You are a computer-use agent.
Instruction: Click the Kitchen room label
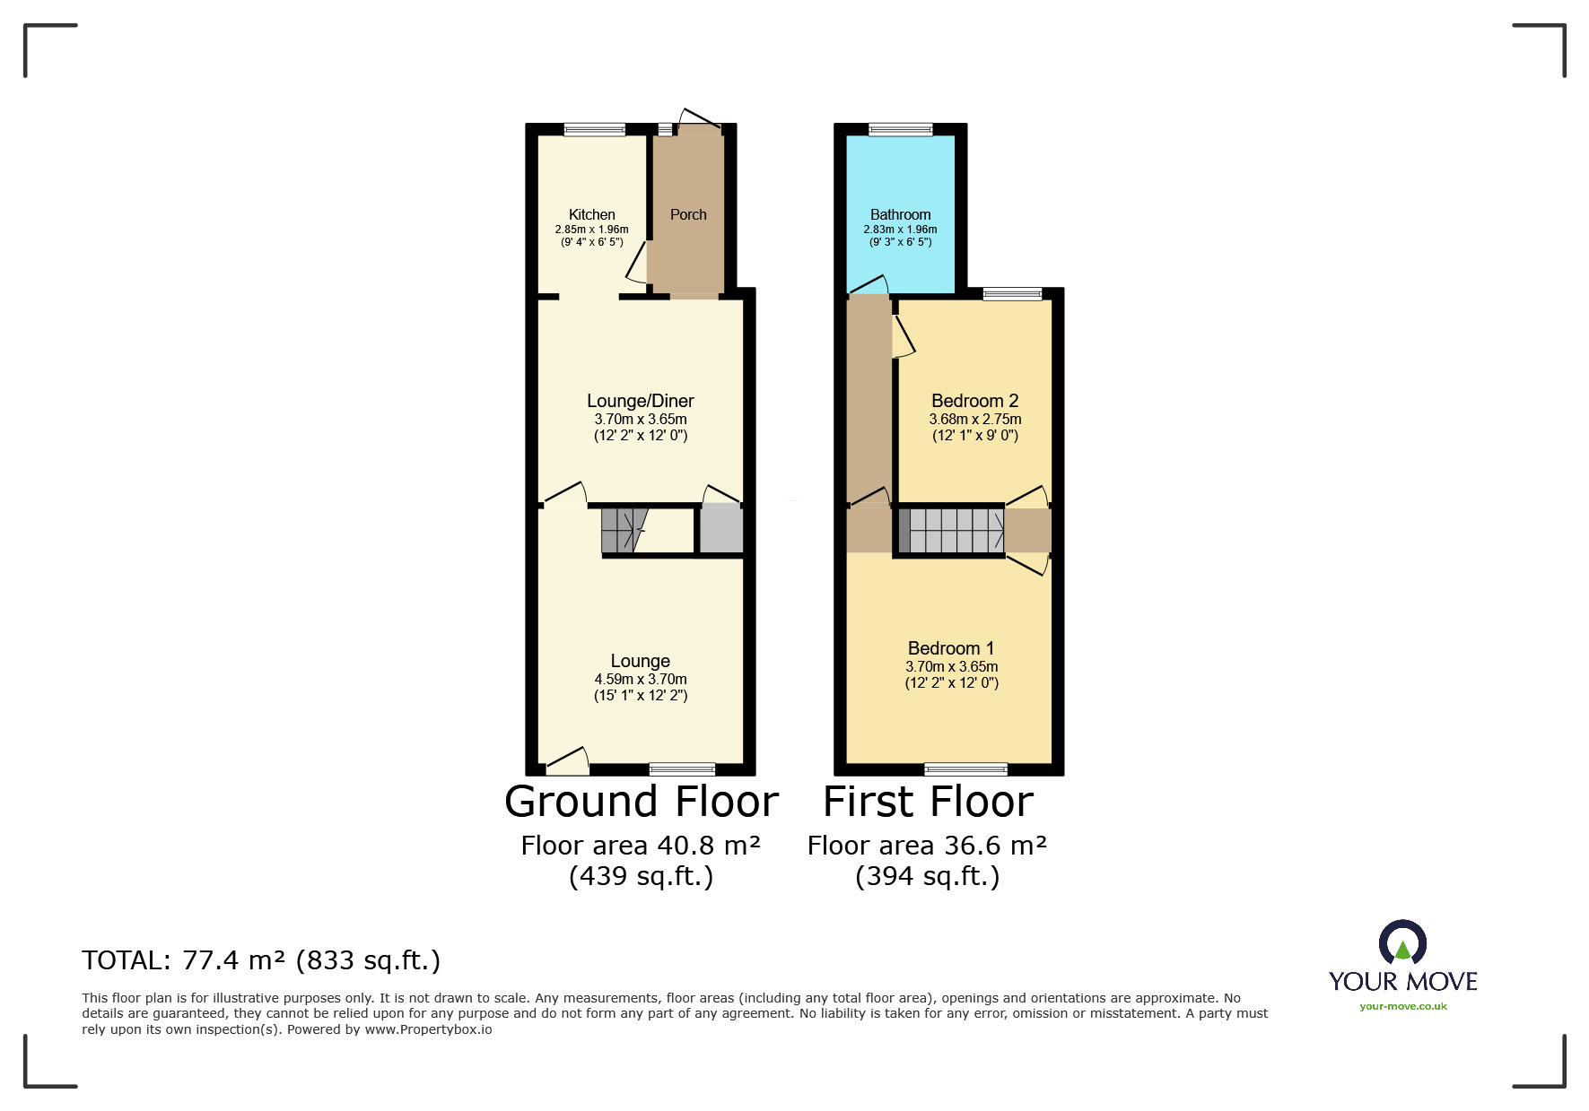pyautogui.click(x=591, y=214)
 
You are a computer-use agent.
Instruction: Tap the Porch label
pyautogui.click(x=688, y=214)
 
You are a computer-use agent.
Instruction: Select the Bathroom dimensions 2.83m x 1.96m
pyautogui.click(x=900, y=230)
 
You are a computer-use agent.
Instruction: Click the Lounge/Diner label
pyautogui.click(x=640, y=401)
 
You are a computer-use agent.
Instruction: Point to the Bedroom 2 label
pyautogui.click(x=974, y=401)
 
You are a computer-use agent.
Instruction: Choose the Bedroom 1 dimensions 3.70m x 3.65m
pyautogui.click(x=951, y=666)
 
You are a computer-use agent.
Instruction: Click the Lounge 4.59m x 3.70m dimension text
pyautogui.click(x=640, y=679)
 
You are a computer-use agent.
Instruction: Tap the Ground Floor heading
pyautogui.click(x=641, y=802)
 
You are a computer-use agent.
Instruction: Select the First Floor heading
pyautogui.click(x=928, y=802)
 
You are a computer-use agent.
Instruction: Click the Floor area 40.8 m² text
pyautogui.click(x=641, y=846)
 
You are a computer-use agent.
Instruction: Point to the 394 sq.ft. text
pyautogui.click(x=927, y=876)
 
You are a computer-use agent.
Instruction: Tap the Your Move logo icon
pyautogui.click(x=1402, y=942)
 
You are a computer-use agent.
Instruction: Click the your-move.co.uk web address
pyautogui.click(x=1402, y=1006)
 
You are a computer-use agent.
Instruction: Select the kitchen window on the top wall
pyautogui.click(x=594, y=130)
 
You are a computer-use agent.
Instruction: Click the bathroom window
pyautogui.click(x=900, y=130)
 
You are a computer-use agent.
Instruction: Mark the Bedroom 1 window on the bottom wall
pyautogui.click(x=965, y=768)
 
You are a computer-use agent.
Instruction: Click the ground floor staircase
pyautogui.click(x=624, y=530)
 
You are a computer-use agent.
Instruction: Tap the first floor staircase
pyautogui.click(x=951, y=530)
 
